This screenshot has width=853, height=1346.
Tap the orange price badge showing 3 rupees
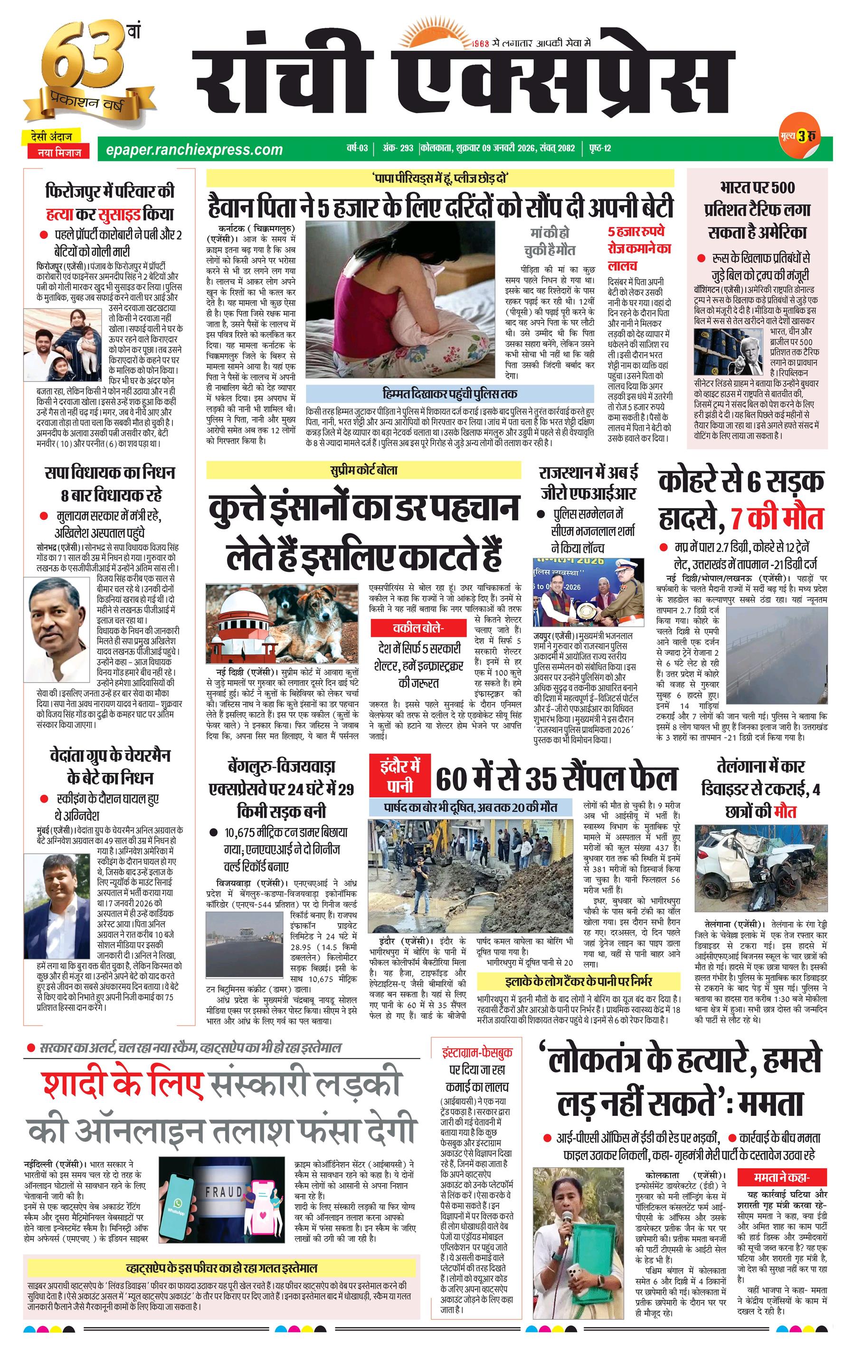[x=803, y=136]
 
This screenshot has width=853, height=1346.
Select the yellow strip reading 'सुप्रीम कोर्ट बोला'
[x=363, y=470]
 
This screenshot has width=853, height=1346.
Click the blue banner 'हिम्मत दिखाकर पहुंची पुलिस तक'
[x=449, y=394]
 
